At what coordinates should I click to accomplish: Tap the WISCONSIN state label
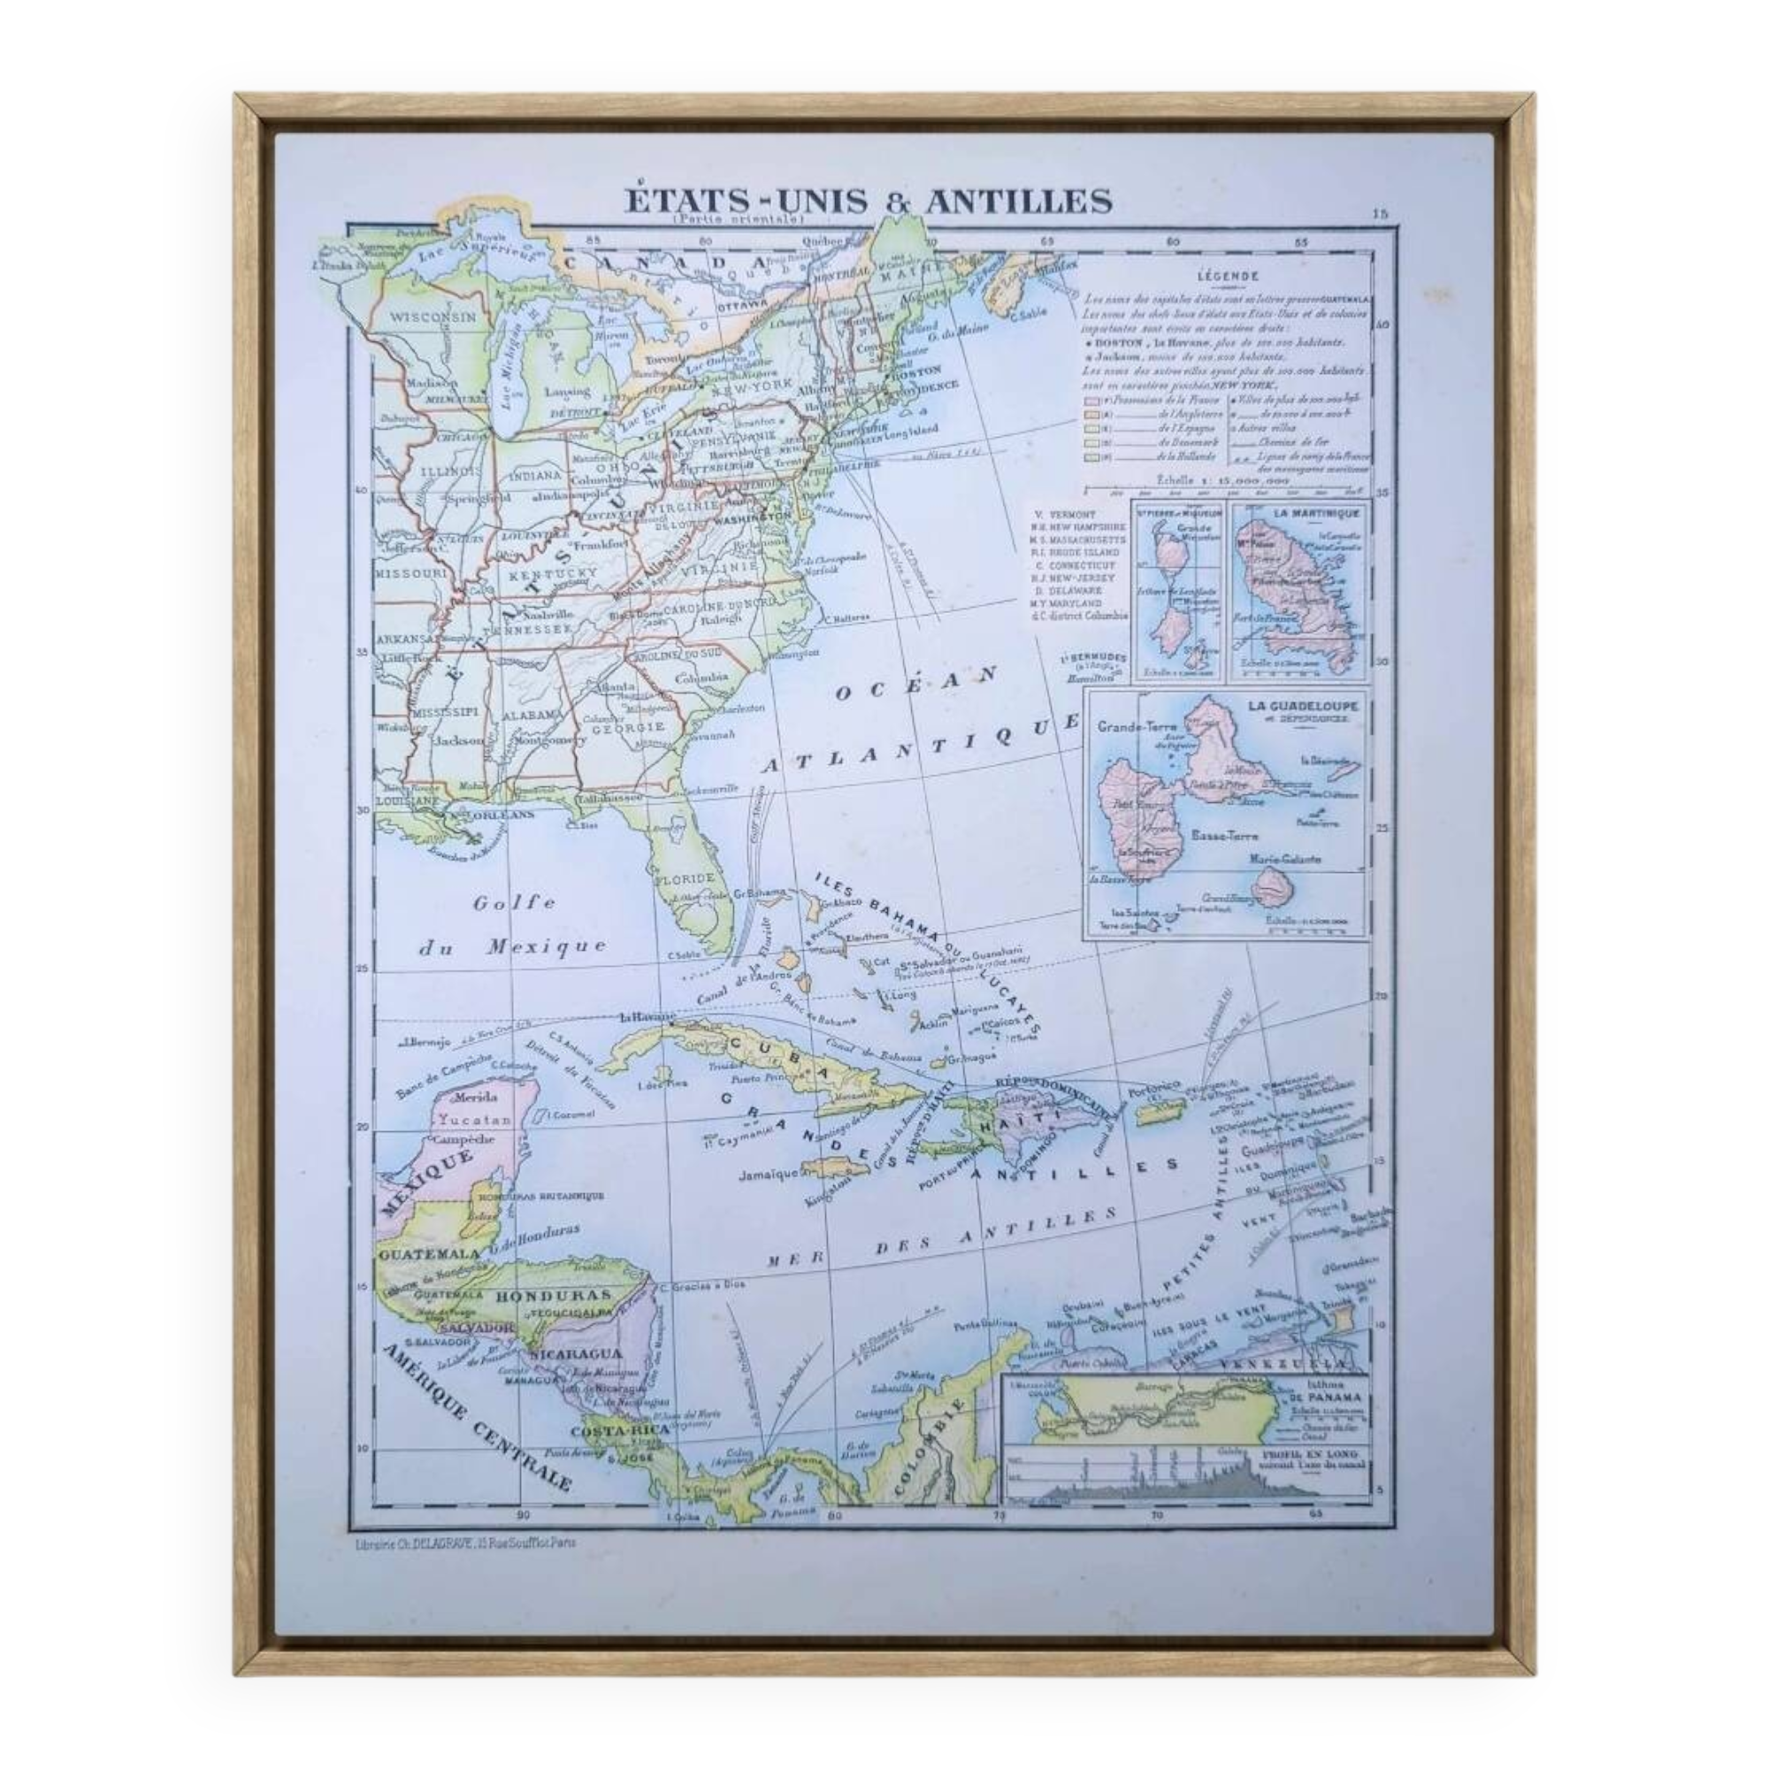click(x=434, y=317)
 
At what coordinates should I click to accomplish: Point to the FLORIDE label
click(x=684, y=876)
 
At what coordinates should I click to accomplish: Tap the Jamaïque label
click(x=770, y=1175)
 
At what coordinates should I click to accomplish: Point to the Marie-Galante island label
click(x=1281, y=860)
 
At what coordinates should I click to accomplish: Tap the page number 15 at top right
click(x=1381, y=214)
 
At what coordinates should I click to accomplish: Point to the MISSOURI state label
click(x=410, y=573)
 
